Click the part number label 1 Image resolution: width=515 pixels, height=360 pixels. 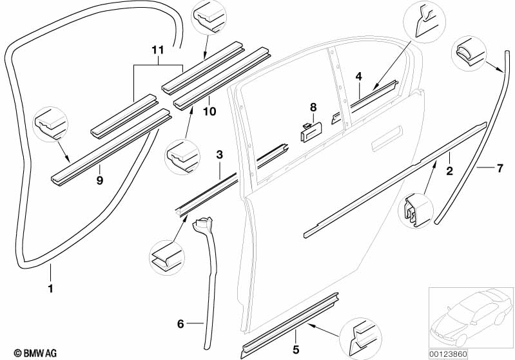(x=50, y=289)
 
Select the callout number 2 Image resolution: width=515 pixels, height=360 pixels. (x=449, y=171)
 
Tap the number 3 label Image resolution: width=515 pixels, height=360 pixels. (x=219, y=155)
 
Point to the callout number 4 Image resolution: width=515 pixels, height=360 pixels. (x=358, y=77)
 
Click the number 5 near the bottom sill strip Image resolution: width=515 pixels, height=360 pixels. (x=296, y=350)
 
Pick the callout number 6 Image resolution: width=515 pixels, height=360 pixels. (x=180, y=324)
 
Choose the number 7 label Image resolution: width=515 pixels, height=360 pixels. (x=500, y=168)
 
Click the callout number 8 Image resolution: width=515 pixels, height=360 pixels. (x=313, y=107)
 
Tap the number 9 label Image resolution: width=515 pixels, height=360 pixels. (x=100, y=180)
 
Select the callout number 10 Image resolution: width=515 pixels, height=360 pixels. (x=209, y=111)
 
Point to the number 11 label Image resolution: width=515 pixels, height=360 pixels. (x=158, y=50)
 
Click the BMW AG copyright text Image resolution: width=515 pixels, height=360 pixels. (x=35, y=353)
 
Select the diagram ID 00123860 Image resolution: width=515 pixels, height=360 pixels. (x=448, y=354)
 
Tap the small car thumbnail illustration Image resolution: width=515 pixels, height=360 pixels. (x=471, y=319)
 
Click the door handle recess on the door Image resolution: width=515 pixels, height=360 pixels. (x=387, y=139)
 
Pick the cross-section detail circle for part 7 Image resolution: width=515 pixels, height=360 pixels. (x=469, y=53)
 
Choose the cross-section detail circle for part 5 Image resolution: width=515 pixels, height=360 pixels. (x=360, y=339)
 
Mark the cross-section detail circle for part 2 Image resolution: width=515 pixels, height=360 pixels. (x=416, y=211)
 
